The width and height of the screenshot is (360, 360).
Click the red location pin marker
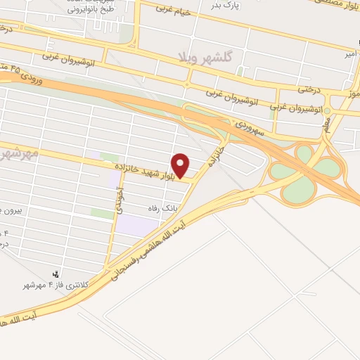point(181,166)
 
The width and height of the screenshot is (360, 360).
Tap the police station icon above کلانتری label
point(57,273)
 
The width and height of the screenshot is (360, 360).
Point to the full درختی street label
point(309,89)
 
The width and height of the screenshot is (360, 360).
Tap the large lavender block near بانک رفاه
point(136,225)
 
